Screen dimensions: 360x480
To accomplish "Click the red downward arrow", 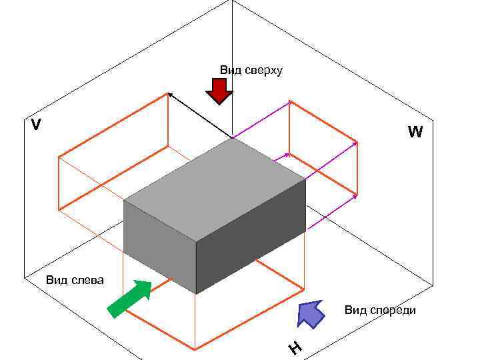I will point(219,91).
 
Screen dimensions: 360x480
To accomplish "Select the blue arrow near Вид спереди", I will point(310,313).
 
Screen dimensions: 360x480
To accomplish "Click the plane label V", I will point(36,125).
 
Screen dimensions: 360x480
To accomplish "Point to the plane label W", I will point(415,132).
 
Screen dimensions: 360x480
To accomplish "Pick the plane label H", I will point(295,347).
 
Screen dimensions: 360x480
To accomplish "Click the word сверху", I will point(263,70).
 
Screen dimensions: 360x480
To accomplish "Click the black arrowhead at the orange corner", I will point(169,95).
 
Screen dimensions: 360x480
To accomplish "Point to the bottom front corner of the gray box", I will point(196,293).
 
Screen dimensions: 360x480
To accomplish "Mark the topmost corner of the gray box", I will point(232,138).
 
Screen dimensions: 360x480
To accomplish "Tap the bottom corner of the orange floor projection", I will point(195,349).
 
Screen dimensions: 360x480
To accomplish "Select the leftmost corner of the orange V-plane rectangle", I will point(59,157).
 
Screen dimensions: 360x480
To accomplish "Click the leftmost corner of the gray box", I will point(124,200).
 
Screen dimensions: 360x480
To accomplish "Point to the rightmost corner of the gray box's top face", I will point(305,179).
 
